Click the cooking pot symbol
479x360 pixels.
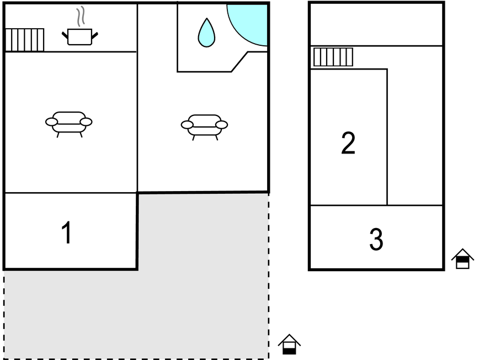[79, 36]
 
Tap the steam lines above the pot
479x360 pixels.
[81, 17]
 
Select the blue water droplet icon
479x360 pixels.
[206, 33]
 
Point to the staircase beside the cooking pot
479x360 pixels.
[25, 40]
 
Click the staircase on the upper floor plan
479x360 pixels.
[333, 57]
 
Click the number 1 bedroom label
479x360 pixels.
[67, 232]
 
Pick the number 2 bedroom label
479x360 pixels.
[348, 142]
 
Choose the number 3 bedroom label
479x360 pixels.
[376, 239]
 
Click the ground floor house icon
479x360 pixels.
[289, 345]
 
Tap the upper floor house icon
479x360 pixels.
[462, 259]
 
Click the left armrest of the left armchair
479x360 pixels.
[51, 122]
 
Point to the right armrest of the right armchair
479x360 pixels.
[221, 125]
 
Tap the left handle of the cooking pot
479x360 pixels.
[65, 35]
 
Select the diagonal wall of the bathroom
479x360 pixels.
[239, 62]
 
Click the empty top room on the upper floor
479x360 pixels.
[376, 25]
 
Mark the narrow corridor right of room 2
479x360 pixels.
[415, 137]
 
